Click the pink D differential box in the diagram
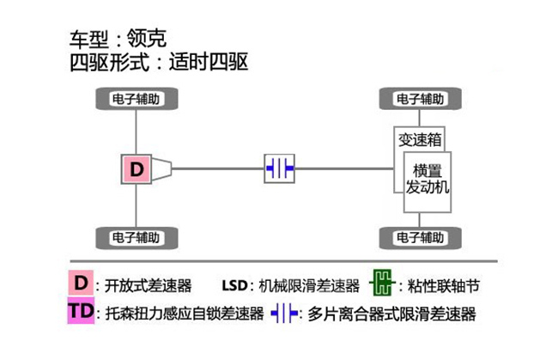(136, 169)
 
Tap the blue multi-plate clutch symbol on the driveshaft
(279, 168)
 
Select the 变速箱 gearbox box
(419, 139)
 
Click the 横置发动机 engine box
(428, 182)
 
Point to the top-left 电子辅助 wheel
(136, 99)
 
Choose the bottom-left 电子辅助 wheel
(136, 238)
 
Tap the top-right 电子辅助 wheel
(421, 99)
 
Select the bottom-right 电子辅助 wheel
(421, 238)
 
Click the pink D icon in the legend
(81, 283)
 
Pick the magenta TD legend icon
(82, 311)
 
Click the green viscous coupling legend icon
(382, 283)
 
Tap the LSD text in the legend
(234, 285)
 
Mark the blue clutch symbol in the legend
(284, 314)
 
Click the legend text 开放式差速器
(149, 285)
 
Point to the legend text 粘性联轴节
(444, 285)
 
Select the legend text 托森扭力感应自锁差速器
(185, 314)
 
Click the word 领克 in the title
(147, 38)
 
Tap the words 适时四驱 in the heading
(209, 62)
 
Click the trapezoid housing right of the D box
(162, 169)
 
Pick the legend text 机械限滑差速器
(309, 285)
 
